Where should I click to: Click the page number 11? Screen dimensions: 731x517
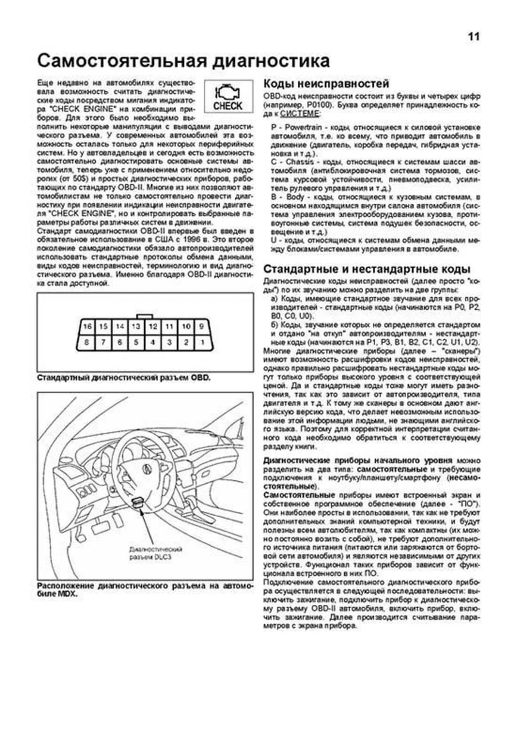point(473,37)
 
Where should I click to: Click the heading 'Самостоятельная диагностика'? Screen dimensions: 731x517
point(183,61)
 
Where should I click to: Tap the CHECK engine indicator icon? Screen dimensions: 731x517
point(228,96)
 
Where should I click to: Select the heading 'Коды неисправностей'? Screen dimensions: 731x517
point(326,83)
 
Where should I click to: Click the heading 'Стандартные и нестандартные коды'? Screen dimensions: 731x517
point(367,269)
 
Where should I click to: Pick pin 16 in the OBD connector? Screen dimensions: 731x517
point(87,327)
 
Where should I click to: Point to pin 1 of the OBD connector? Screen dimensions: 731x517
point(202,343)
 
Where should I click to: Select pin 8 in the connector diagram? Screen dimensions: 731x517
point(87,343)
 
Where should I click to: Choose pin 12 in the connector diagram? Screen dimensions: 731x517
point(153,327)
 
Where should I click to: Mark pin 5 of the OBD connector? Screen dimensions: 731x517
point(136,343)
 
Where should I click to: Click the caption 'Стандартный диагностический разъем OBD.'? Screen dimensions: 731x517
point(124,378)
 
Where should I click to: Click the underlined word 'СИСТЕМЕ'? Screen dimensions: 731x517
point(300,114)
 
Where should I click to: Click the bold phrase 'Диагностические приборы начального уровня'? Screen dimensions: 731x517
point(358,460)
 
